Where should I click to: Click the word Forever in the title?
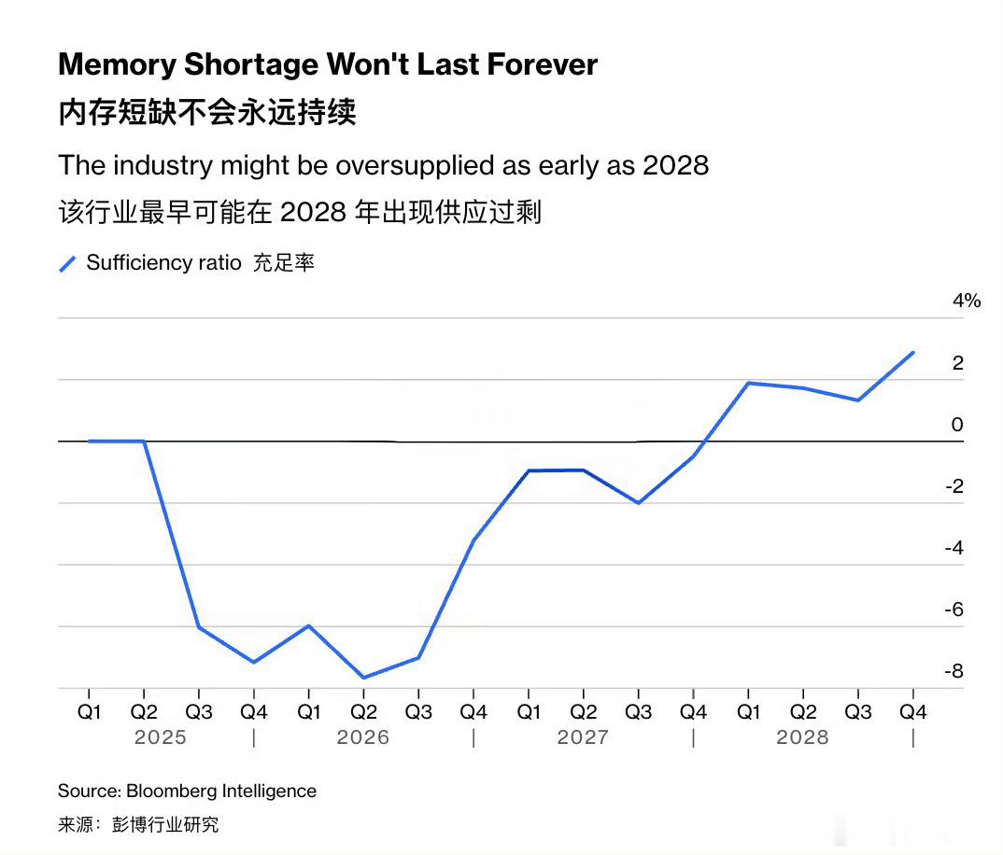(x=543, y=64)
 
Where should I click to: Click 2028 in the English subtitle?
(x=675, y=165)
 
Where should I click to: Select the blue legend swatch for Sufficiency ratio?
(x=68, y=263)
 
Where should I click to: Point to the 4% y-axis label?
(x=967, y=301)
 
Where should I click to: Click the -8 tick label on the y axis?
(x=954, y=671)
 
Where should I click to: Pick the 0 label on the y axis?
(x=957, y=425)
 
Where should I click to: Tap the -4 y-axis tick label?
(x=954, y=548)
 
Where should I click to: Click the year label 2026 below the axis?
(x=362, y=737)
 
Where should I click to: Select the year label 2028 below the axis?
(x=802, y=737)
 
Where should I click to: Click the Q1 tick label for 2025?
(x=89, y=712)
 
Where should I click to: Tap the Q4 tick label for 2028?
(x=912, y=712)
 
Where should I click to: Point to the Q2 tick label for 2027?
(x=584, y=712)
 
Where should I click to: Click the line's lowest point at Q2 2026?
(x=363, y=678)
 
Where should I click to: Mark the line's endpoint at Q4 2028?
(x=912, y=352)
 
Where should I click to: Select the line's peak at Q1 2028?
(x=748, y=383)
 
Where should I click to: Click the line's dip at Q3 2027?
(x=639, y=503)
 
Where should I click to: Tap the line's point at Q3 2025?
(x=199, y=627)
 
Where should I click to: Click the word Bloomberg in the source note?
(x=172, y=792)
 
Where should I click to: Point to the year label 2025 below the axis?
(x=160, y=737)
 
